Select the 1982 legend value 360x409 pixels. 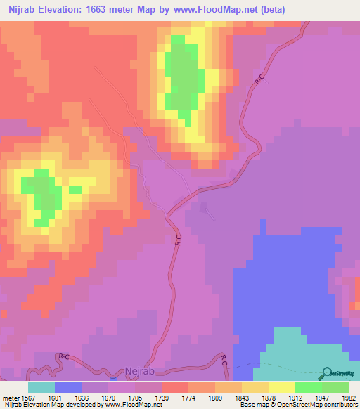349,397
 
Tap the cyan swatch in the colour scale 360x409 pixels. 41,387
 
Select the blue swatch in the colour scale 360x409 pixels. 68,387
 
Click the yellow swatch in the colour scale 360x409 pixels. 282,387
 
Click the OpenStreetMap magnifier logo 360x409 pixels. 326,375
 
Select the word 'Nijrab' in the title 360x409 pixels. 24,8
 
